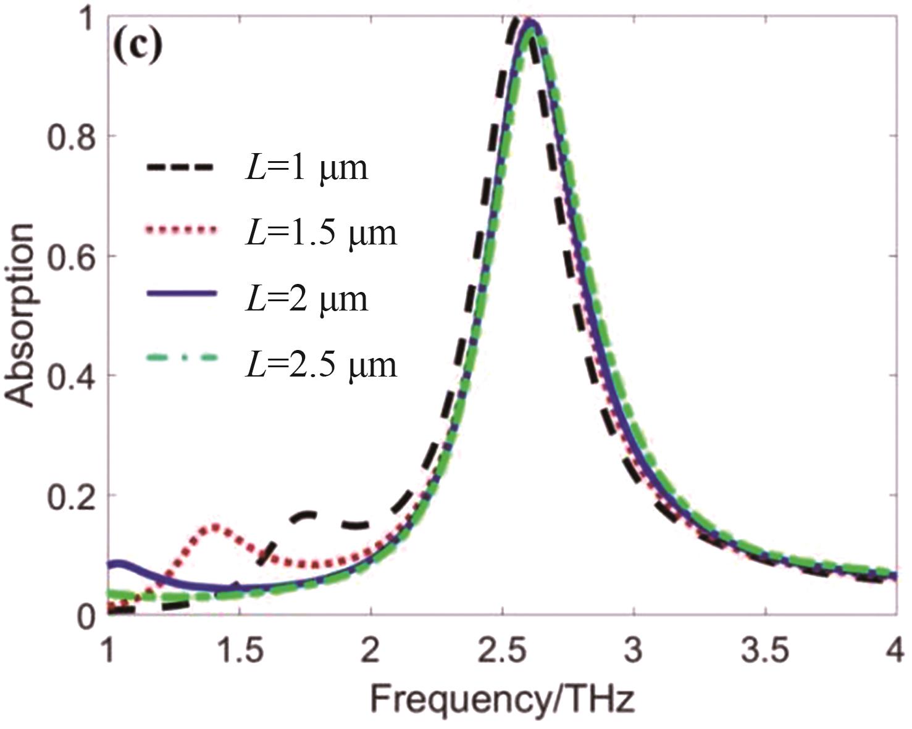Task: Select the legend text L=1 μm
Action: [306, 167]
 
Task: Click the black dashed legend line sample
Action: [180, 167]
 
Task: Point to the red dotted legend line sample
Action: [180, 230]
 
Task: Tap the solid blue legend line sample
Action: [180, 294]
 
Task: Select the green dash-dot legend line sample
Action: [180, 357]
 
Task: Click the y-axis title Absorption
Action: [20, 315]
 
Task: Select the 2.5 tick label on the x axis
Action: [502, 651]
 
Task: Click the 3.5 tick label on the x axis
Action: [765, 651]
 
